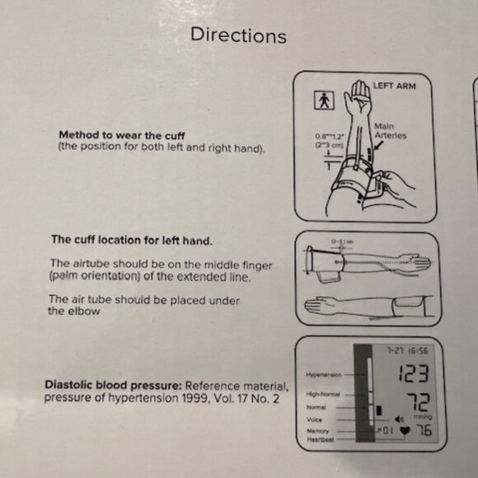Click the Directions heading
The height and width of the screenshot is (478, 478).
click(238, 35)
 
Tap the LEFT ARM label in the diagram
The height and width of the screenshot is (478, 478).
click(394, 85)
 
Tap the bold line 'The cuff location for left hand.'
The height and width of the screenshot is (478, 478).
click(132, 241)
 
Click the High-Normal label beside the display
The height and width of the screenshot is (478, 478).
click(323, 396)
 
